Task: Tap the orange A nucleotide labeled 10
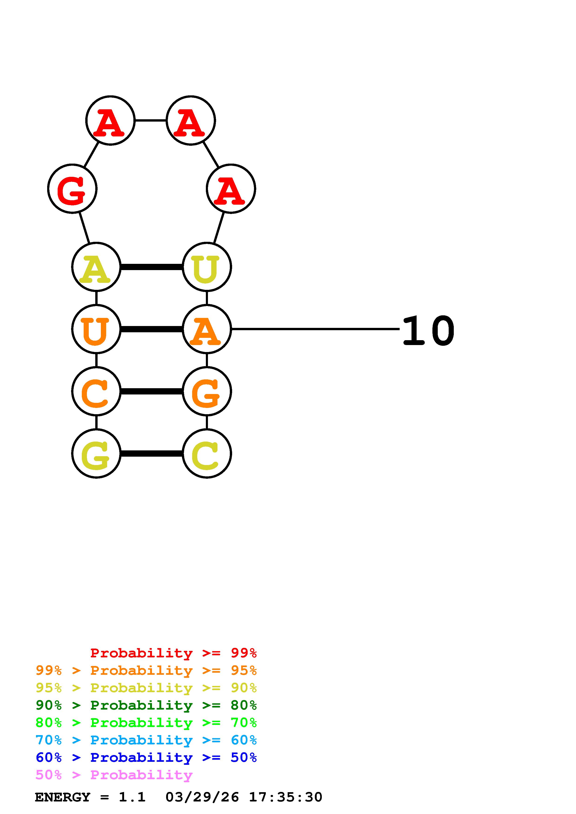(207, 329)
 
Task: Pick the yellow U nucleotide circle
(207, 267)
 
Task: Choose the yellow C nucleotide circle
(207, 453)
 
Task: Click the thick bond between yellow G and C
(151, 453)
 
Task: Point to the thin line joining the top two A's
(151, 120)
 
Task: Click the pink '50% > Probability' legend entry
(114, 775)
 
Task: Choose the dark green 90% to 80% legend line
(146, 705)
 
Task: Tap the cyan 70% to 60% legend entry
(146, 740)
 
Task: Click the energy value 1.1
(132, 797)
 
